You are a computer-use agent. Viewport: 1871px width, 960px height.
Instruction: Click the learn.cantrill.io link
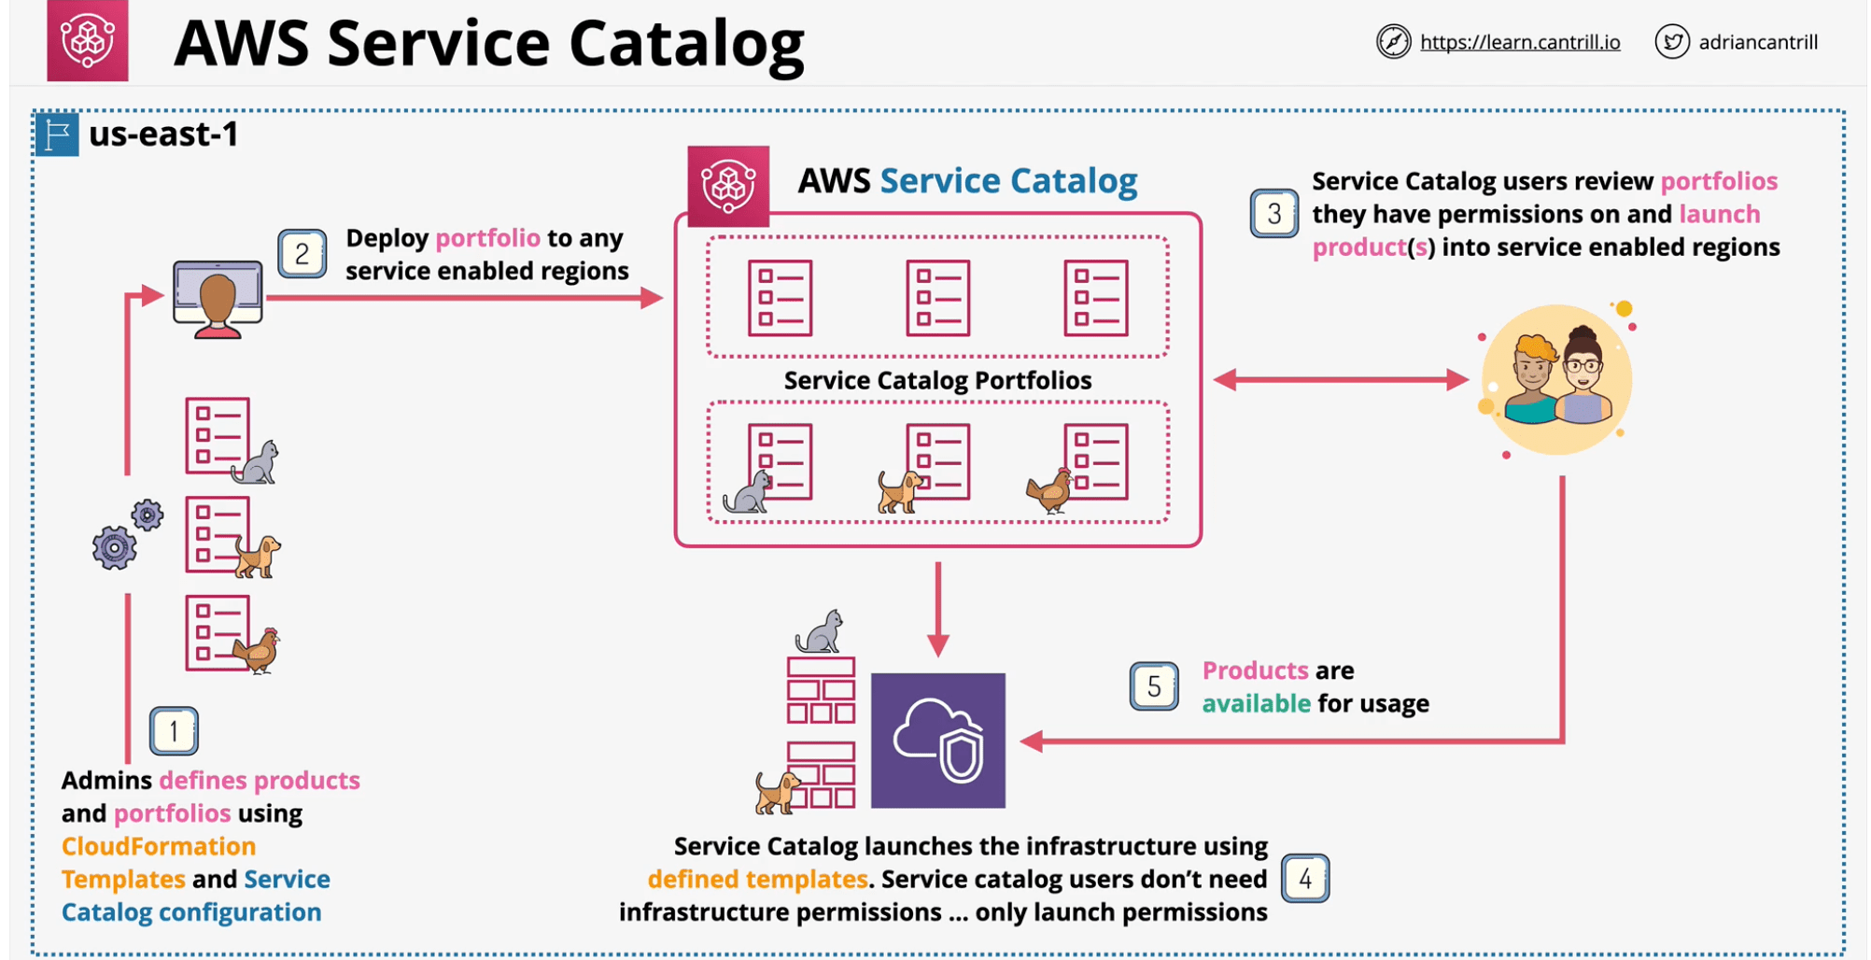point(1519,42)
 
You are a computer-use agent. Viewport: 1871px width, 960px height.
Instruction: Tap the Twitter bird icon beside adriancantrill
point(1671,42)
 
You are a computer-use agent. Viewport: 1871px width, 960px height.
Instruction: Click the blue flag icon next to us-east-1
point(57,134)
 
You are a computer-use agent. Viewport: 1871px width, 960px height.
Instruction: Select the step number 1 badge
point(174,731)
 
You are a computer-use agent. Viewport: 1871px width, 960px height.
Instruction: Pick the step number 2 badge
point(302,254)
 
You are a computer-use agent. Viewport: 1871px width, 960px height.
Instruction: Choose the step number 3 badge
point(1273,214)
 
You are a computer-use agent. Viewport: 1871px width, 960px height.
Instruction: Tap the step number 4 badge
point(1305,879)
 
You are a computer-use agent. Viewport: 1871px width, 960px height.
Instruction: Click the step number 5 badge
point(1154,686)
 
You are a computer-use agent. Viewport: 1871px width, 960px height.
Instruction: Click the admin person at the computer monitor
point(218,299)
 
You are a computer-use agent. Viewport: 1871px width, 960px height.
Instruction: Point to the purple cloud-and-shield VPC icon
point(937,741)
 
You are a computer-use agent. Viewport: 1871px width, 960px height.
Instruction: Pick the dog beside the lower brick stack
point(777,792)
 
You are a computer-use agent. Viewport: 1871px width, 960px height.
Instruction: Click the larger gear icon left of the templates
point(114,547)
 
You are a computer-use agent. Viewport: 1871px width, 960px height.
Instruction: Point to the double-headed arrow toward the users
point(1341,380)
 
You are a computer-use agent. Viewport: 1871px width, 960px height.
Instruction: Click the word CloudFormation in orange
point(159,846)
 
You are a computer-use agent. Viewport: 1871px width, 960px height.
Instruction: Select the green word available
point(1256,703)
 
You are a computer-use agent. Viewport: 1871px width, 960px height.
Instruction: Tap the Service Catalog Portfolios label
point(937,380)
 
